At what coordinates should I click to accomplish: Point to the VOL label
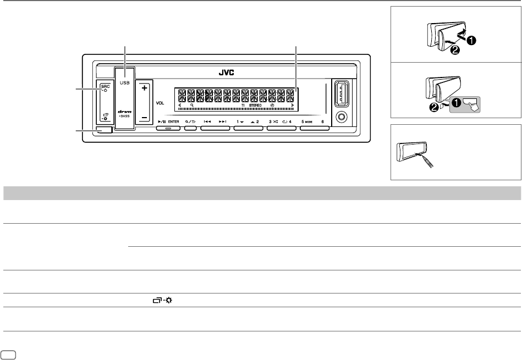pyautogui.click(x=160, y=103)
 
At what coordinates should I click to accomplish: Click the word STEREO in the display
pyautogui.click(x=256, y=104)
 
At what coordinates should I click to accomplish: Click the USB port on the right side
pyautogui.click(x=339, y=95)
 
